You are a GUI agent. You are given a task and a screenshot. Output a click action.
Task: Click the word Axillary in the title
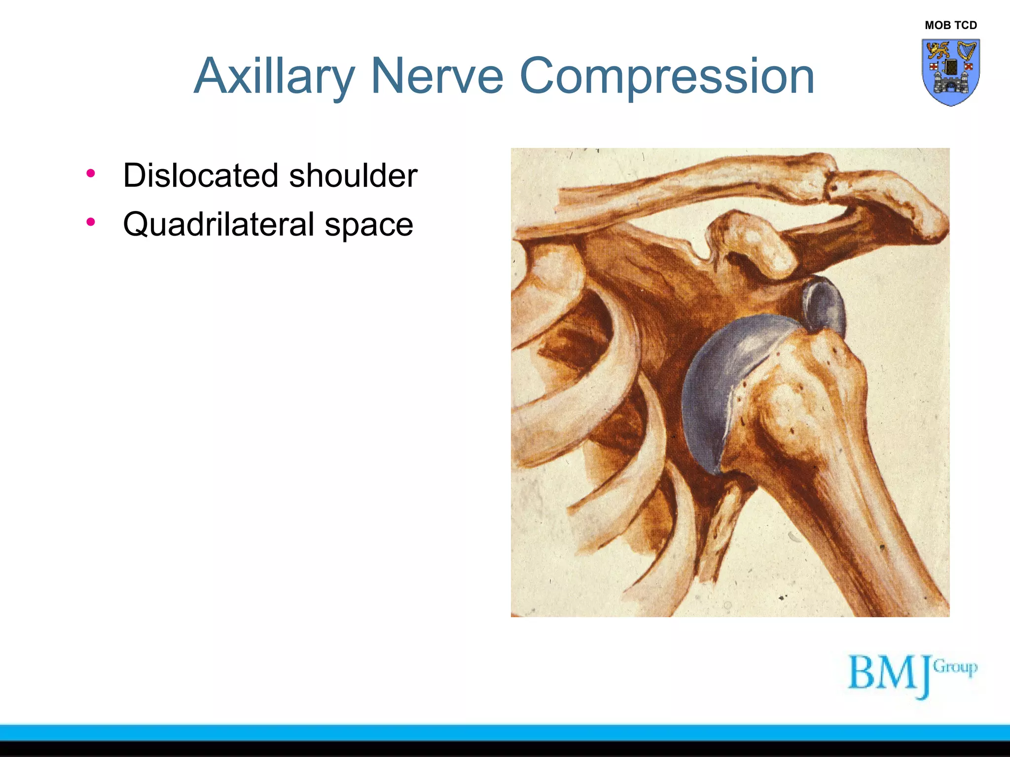[x=274, y=76]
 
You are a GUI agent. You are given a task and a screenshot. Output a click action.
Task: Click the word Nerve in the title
[x=436, y=76]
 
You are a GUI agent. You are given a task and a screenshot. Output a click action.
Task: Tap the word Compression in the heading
[x=666, y=76]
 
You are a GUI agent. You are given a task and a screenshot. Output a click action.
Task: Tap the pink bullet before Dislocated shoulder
[x=90, y=173]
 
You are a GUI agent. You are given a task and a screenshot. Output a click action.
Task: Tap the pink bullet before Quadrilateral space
[x=90, y=222]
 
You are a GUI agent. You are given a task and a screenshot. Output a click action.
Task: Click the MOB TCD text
[x=950, y=25]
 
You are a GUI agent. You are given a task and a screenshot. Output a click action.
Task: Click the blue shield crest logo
[x=950, y=72]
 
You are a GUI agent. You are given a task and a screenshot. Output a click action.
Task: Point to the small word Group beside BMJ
[x=955, y=667]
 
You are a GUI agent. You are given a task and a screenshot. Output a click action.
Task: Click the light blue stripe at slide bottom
[x=505, y=732]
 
